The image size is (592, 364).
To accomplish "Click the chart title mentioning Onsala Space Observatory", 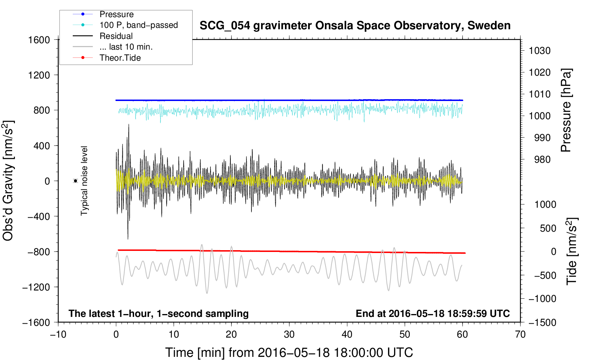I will (355, 26).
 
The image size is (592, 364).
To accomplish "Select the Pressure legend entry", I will (116, 14).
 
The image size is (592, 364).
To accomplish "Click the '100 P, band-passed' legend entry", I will (138, 25).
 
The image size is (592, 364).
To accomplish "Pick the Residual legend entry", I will (116, 36).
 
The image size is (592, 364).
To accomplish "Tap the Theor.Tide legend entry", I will (120, 58).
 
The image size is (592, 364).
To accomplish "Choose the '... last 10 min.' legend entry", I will (126, 47).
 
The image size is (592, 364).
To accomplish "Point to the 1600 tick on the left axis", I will (39, 40).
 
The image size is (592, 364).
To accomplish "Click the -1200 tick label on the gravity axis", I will (36, 287).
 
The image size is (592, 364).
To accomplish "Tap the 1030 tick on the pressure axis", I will (540, 51).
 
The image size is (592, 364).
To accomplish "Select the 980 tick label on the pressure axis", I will (542, 160).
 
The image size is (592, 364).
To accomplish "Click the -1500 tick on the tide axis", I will (542, 322).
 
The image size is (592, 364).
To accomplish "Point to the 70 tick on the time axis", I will (520, 334).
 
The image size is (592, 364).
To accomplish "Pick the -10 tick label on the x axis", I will (58, 334).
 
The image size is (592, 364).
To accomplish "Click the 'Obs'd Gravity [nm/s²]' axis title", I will (9, 181).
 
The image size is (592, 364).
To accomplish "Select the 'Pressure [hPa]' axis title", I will (566, 110).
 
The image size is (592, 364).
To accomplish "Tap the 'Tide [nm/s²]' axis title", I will (572, 251).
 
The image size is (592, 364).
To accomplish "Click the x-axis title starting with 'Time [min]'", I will (289, 353).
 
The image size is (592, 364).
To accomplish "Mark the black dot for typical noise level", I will (76, 181).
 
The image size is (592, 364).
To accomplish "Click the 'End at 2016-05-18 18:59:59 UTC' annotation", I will (433, 313).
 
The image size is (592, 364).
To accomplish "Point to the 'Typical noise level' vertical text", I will (84, 181).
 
